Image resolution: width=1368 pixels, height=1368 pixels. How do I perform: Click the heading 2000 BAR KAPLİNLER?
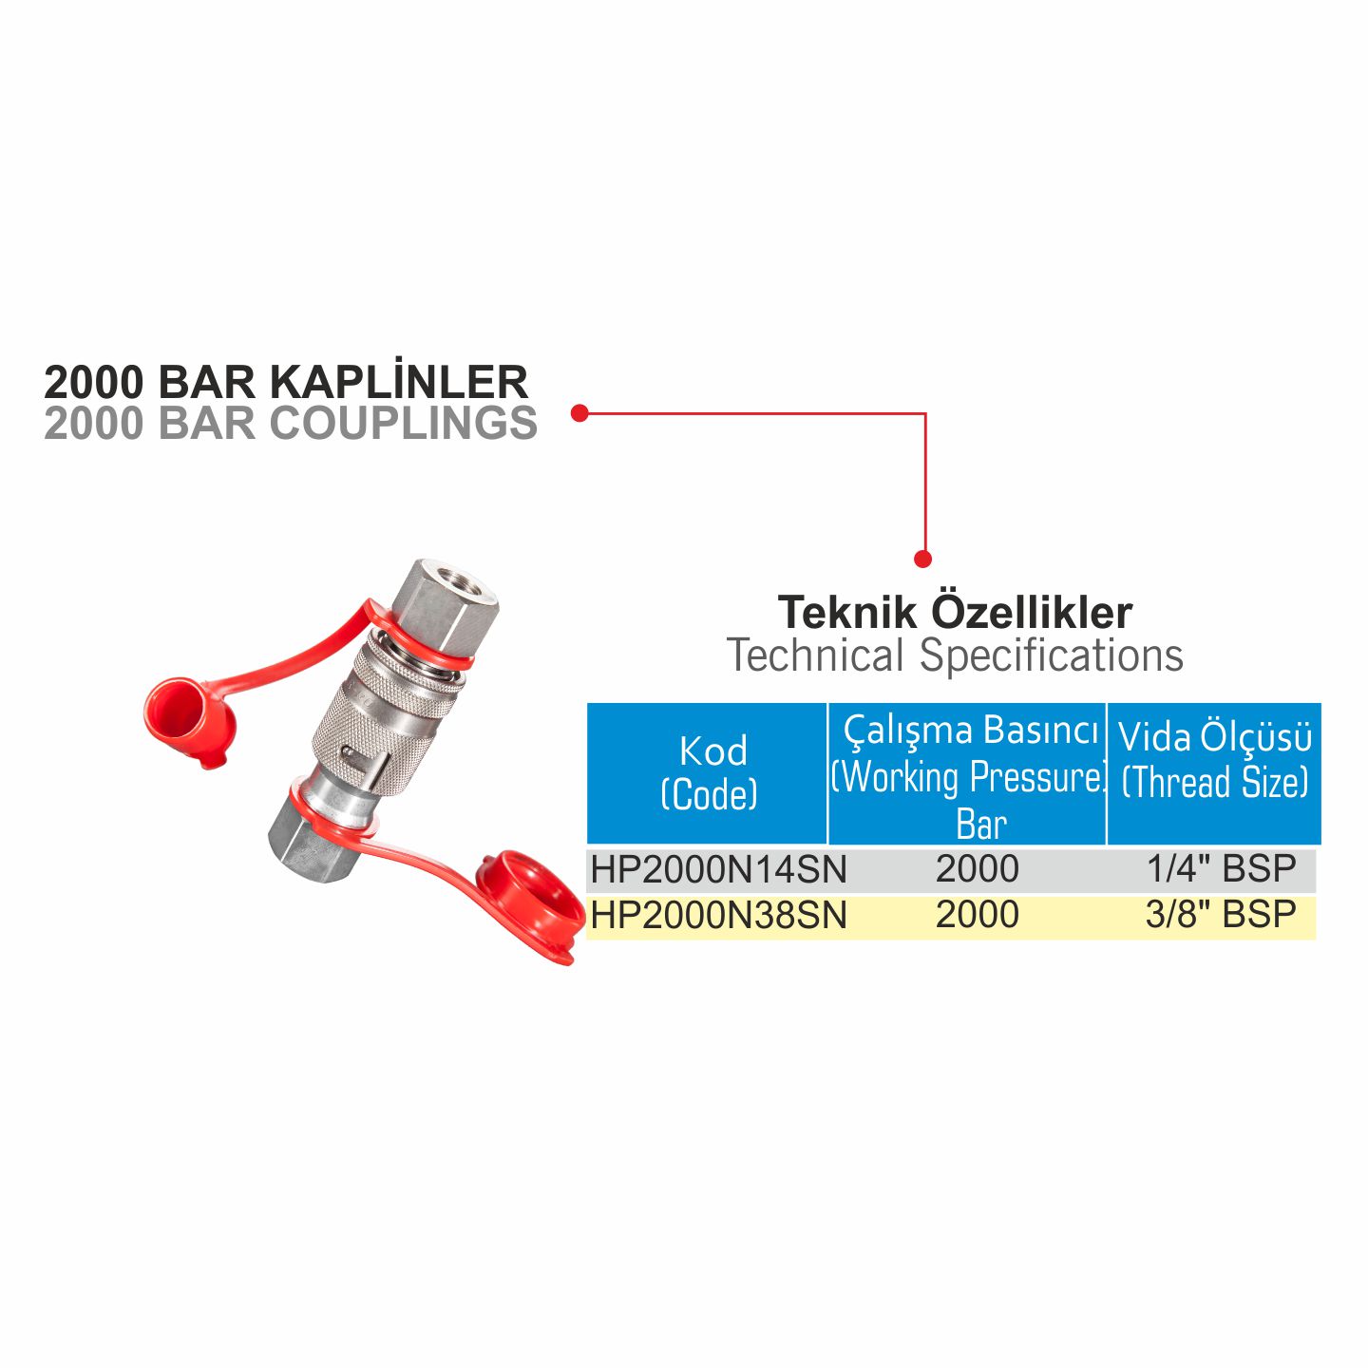pyautogui.click(x=286, y=383)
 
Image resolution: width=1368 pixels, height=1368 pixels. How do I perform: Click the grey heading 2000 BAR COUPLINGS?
pyautogui.click(x=291, y=423)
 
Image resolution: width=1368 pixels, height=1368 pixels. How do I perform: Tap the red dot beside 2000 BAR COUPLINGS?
pyautogui.click(x=580, y=412)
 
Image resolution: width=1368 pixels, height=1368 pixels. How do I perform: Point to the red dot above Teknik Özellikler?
pyautogui.click(x=922, y=560)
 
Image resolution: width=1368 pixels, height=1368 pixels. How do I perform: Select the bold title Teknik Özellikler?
pyautogui.click(x=955, y=612)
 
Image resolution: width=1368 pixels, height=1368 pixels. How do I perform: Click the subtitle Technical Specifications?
pyautogui.click(x=955, y=655)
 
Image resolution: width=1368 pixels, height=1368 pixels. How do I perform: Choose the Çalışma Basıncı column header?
pyautogui.click(x=968, y=773)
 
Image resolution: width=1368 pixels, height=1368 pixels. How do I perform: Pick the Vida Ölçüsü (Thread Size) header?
pyautogui.click(x=1214, y=773)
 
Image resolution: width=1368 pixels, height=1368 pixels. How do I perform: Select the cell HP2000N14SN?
pyautogui.click(x=718, y=869)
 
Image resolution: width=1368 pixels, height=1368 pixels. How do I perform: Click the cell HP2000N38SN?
pyautogui.click(x=718, y=915)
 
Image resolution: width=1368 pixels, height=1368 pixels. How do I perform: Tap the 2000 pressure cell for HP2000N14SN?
pyautogui.click(x=977, y=869)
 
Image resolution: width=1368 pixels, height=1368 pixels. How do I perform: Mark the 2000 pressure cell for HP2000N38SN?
pyautogui.click(x=977, y=914)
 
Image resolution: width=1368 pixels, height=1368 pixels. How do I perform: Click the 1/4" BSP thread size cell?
pyautogui.click(x=1222, y=868)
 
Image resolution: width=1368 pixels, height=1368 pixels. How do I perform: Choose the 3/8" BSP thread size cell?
pyautogui.click(x=1221, y=914)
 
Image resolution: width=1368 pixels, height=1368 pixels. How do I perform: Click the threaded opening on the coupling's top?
pyautogui.click(x=459, y=577)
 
